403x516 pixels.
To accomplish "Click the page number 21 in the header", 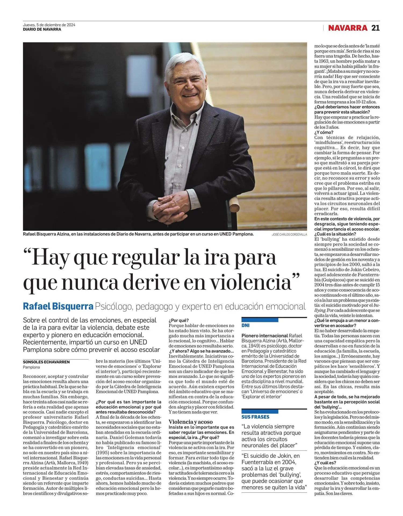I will coord(375,28).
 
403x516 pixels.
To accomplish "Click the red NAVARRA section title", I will coord(348,28).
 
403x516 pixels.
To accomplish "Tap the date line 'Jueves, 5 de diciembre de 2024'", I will coord(49,25).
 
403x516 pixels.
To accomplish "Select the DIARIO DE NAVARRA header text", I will coord(42,29).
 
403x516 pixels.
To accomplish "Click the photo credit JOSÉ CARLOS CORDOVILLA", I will coord(289,235).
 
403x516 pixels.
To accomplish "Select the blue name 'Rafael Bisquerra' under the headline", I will coord(58,306).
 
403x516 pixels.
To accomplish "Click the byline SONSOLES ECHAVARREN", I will coord(46,362).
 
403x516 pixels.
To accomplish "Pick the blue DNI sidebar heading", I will coord(246,325).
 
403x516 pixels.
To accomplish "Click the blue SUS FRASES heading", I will coord(255,417).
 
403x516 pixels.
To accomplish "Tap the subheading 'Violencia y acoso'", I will coord(190,422).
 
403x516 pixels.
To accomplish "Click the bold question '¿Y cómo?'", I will coord(324,132).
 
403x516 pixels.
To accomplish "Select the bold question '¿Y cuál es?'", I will coord(325,463).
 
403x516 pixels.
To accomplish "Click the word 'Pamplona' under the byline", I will coord(31,367).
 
